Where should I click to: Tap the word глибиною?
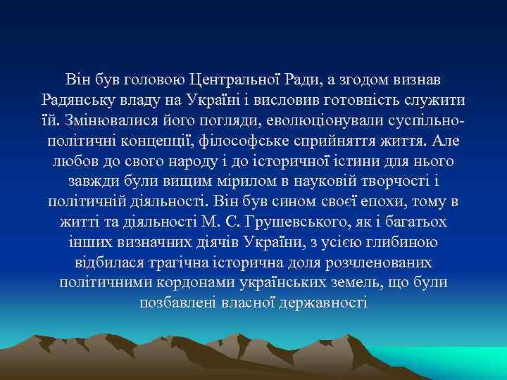(x=403, y=242)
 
